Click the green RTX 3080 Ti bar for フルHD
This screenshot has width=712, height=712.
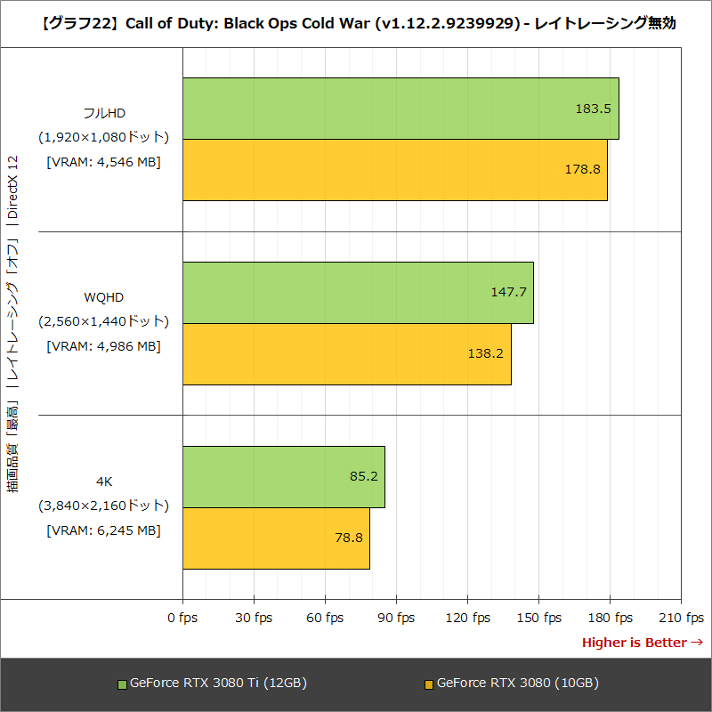pyautogui.click(x=400, y=109)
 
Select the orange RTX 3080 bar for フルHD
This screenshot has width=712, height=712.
pyautogui.click(x=395, y=170)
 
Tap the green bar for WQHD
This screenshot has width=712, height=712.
pyautogui.click(x=358, y=293)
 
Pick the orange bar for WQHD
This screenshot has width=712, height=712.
pyautogui.click(x=347, y=354)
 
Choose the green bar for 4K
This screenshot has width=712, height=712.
pyautogui.click(x=283, y=477)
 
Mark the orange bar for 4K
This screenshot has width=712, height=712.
pyautogui.click(x=276, y=538)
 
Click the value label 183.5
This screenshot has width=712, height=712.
pyautogui.click(x=593, y=109)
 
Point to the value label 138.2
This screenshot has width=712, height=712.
pyautogui.click(x=486, y=353)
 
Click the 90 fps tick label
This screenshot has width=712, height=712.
pyautogui.click(x=396, y=618)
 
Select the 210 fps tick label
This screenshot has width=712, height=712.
pyautogui.click(x=681, y=618)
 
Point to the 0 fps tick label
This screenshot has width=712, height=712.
pyautogui.click(x=182, y=618)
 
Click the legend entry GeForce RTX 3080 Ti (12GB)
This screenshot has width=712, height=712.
pyautogui.click(x=218, y=684)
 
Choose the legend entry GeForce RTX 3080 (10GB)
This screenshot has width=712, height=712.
pyautogui.click(x=517, y=684)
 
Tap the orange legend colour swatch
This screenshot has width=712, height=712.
pyautogui.click(x=428, y=684)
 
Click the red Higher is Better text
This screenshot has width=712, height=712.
pyautogui.click(x=642, y=643)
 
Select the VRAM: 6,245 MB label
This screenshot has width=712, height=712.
pyautogui.click(x=103, y=530)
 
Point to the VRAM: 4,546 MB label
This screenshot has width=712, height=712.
pyautogui.click(x=103, y=162)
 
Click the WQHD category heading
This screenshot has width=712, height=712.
pyautogui.click(x=103, y=296)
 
